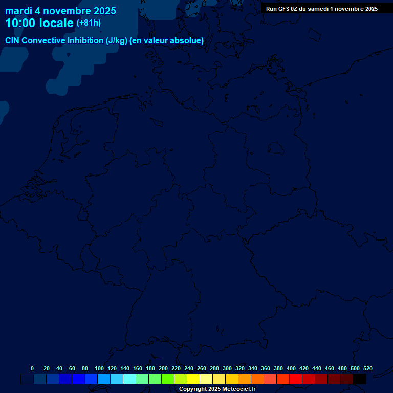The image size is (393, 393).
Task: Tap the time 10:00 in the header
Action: (21, 23)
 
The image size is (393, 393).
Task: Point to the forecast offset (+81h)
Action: (89, 23)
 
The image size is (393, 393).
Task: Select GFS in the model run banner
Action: (283, 9)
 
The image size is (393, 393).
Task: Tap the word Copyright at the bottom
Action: (193, 389)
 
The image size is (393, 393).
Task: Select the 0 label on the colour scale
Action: (32, 368)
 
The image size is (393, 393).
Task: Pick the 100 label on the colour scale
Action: (99, 368)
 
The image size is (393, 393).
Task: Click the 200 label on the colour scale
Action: (163, 368)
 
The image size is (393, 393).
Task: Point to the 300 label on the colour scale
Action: (227, 368)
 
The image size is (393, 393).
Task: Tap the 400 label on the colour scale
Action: (291, 368)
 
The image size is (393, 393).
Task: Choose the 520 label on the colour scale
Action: (367, 368)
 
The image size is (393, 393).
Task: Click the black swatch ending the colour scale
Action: (360, 379)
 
